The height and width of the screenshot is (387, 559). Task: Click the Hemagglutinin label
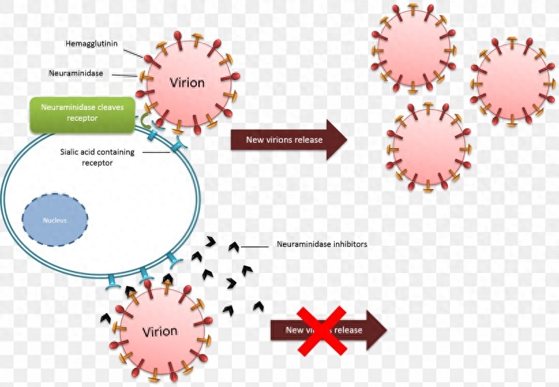(91, 44)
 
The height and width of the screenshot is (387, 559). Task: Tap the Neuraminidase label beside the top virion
(76, 72)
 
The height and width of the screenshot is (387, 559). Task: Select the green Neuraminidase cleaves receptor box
(82, 113)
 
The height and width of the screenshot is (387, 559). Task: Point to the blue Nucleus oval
(55, 220)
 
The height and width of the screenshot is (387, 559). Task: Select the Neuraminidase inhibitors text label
(322, 244)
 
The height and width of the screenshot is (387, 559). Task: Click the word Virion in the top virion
(186, 83)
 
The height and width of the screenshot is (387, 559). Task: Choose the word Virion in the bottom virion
(160, 332)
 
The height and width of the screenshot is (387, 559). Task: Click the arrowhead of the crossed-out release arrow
(376, 330)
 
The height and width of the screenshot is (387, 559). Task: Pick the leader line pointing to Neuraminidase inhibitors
(256, 246)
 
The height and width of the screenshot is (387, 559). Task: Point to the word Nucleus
(55, 220)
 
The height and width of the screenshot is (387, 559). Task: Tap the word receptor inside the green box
(82, 119)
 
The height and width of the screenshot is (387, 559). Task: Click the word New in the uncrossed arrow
(254, 140)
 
